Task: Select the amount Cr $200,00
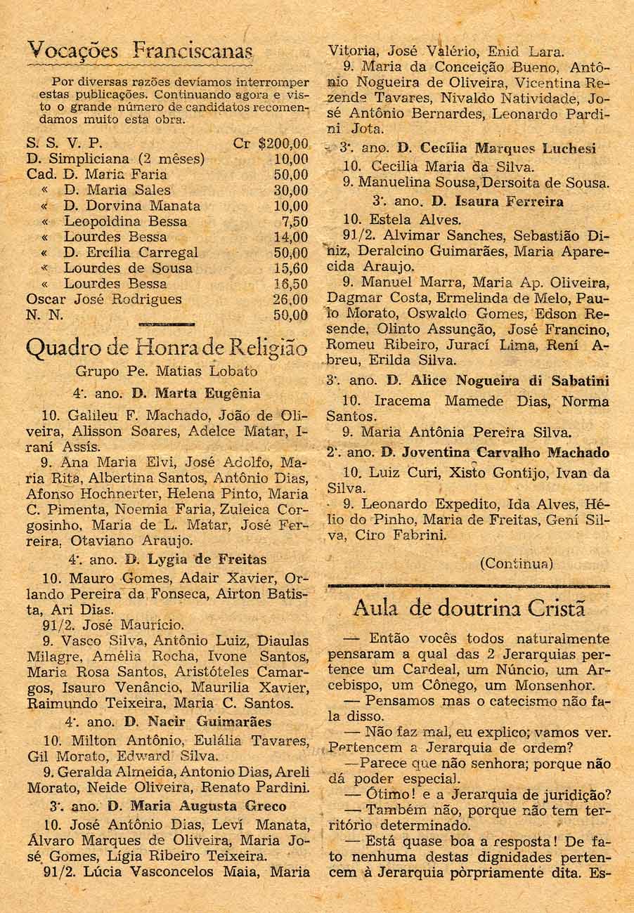pos(271,144)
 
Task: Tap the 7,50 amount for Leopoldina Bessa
pos(295,221)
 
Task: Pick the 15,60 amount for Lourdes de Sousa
pos(291,268)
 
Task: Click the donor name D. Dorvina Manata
pos(132,206)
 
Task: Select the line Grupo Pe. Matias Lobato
pos(166,371)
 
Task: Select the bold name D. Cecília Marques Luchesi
pos(496,148)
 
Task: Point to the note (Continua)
pos(517,563)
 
